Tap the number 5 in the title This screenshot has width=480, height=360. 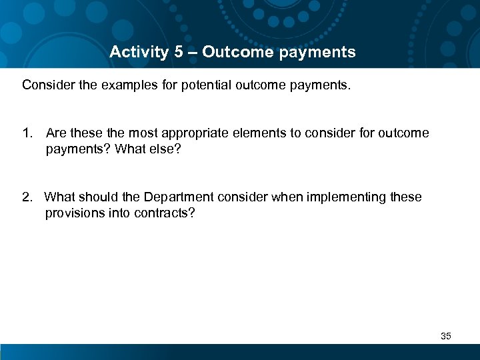[179, 52]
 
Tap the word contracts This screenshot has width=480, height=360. [168, 213]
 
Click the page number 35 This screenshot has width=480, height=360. [446, 336]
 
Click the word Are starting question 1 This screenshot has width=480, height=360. [56, 133]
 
